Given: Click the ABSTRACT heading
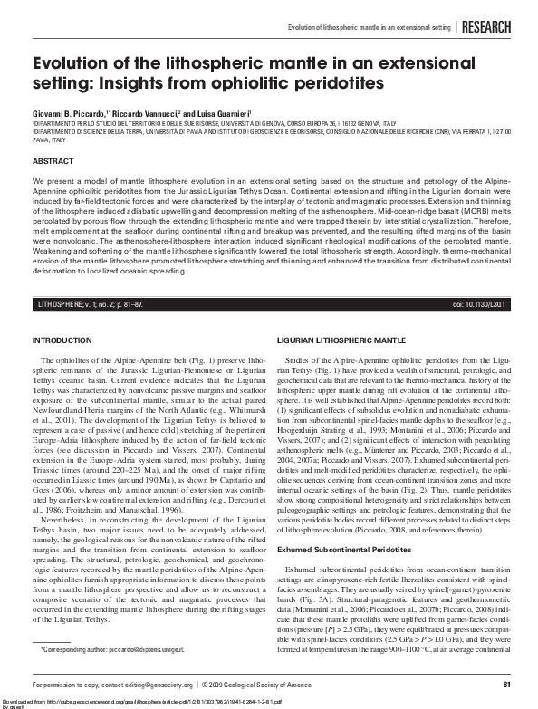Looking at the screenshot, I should click(53, 160).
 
